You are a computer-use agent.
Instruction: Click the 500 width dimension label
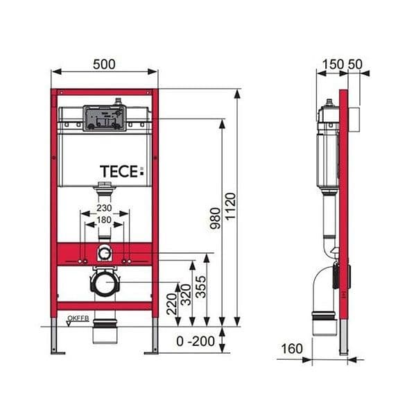coord(104,64)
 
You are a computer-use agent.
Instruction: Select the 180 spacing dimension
coord(104,220)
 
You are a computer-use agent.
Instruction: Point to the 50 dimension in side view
coord(356,64)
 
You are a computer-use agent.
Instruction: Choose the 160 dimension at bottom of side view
coord(292,348)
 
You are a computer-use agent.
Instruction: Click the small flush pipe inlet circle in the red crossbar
coord(104,253)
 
